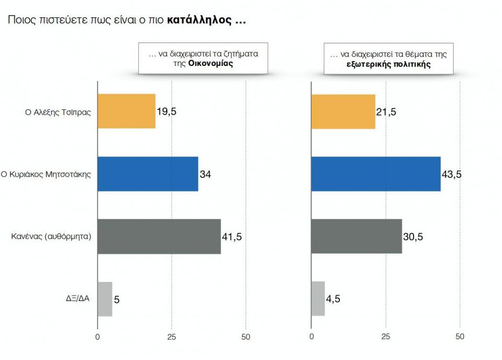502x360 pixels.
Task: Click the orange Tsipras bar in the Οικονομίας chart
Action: (127, 111)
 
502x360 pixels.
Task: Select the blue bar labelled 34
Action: (148, 174)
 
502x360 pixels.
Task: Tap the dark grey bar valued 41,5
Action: (159, 237)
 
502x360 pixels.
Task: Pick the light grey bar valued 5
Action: (105, 299)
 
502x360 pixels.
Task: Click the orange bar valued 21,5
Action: (343, 111)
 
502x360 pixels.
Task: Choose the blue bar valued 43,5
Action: (375, 174)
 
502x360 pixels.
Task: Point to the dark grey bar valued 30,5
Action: (356, 237)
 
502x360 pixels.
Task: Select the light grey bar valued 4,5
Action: (318, 299)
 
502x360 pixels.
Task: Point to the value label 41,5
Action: (232, 237)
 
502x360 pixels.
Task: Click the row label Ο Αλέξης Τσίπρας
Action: (59, 111)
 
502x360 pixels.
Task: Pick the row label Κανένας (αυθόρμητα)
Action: (52, 237)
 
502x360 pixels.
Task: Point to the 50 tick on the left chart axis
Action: (246, 336)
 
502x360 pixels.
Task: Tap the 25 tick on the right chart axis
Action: (385, 336)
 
